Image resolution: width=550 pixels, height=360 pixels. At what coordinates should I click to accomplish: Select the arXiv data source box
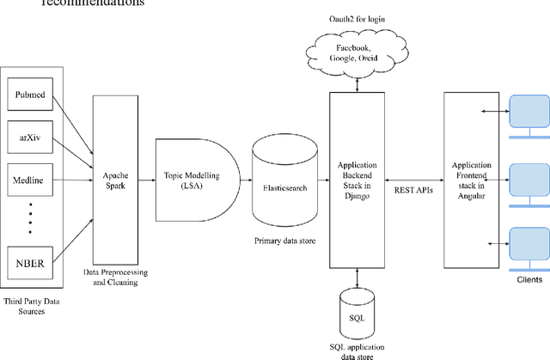pos(30,136)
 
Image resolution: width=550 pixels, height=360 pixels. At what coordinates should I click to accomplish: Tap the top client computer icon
pos(527,115)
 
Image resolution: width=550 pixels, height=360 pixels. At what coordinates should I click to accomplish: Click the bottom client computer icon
pos(527,246)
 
